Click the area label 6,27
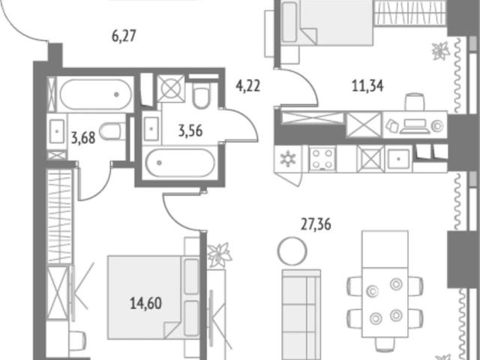tap(124, 36)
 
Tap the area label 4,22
tap(247, 86)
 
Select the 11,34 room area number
tap(367, 86)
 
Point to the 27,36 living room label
tap(316, 224)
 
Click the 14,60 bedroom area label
tap(145, 303)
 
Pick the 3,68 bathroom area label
tap(83, 137)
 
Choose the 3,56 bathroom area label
tap(190, 130)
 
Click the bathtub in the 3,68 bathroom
tap(96, 94)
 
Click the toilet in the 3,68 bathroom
tap(112, 131)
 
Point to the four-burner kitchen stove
tap(322, 159)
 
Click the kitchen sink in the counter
tap(398, 159)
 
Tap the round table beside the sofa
tap(292, 251)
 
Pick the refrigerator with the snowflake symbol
tap(288, 159)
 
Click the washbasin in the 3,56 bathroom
tap(151, 129)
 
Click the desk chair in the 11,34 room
tap(415, 102)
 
